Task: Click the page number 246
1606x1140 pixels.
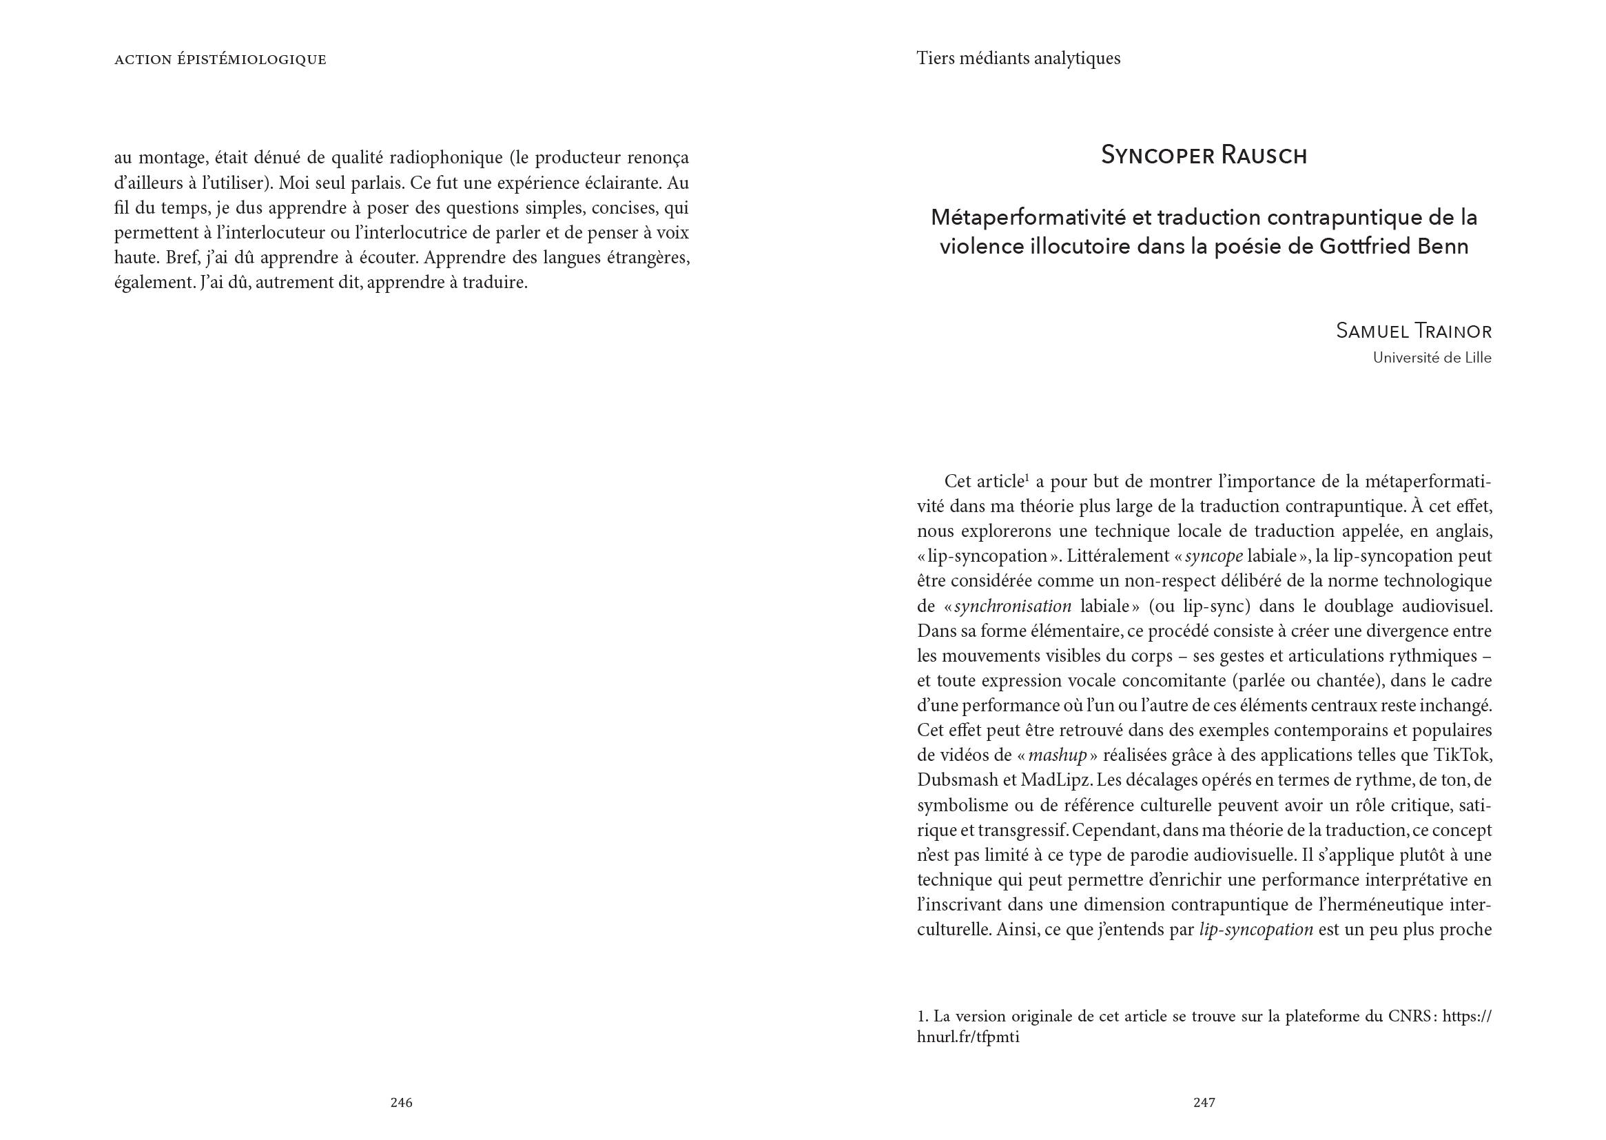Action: pyautogui.click(x=401, y=1102)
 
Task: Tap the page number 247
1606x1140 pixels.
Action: pyautogui.click(x=1204, y=1102)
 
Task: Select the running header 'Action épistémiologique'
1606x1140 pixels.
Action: pyautogui.click(x=220, y=60)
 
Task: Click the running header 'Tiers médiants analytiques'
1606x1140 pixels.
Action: pyautogui.click(x=1018, y=59)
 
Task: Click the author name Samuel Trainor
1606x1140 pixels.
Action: pyautogui.click(x=1413, y=331)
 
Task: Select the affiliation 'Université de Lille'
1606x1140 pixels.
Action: pyautogui.click(x=1431, y=358)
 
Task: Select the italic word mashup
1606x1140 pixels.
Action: pyautogui.click(x=1058, y=755)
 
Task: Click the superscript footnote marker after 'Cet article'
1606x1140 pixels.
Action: pyautogui.click(x=1027, y=478)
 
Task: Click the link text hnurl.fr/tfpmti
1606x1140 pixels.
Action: pyautogui.click(x=967, y=1037)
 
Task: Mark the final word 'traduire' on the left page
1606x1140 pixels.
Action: pyautogui.click(x=495, y=283)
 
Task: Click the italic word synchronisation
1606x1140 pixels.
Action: pyautogui.click(x=1012, y=606)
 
